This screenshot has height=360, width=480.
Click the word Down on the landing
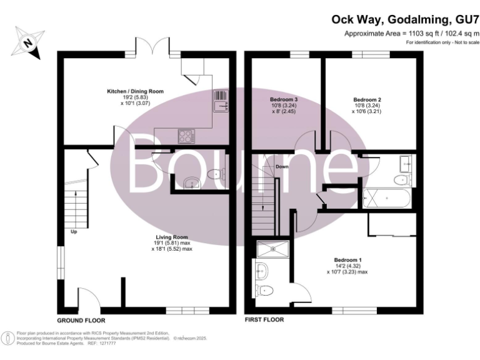coord(281,167)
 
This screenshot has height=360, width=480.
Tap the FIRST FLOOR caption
coord(264,319)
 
